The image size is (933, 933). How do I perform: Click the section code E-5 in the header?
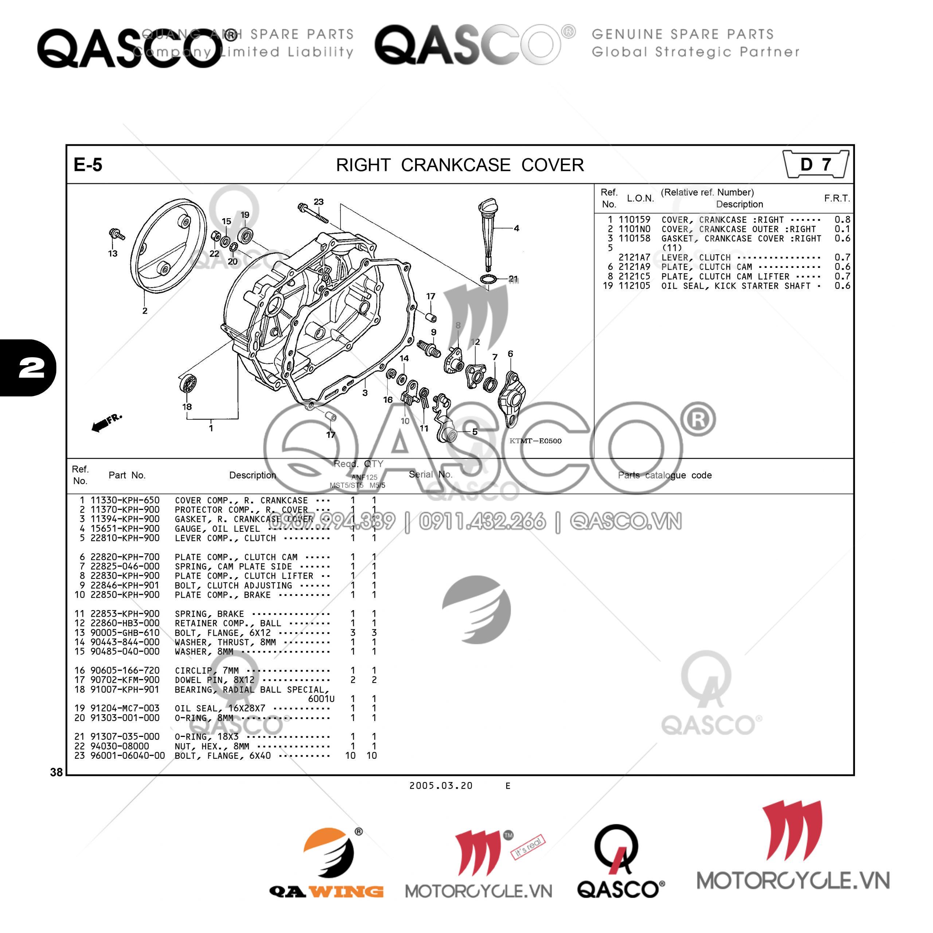pos(88,165)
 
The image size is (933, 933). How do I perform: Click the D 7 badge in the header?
pos(816,165)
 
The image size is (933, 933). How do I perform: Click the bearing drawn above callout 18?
pos(187,385)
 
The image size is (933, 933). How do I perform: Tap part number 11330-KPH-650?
pos(125,500)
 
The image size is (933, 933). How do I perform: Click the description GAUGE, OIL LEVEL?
pos(217,529)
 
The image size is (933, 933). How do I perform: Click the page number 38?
pos(56,772)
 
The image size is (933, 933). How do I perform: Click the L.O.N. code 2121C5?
pos(634,276)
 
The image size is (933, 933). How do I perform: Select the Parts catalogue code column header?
pos(664,475)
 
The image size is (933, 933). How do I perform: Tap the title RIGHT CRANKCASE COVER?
pos(460,165)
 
